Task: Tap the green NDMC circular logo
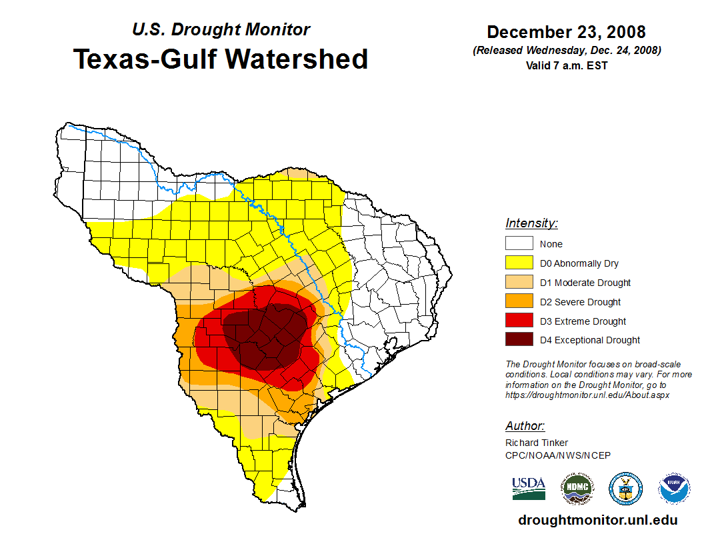pos(577,489)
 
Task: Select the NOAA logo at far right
pos(675,489)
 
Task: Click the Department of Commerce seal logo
pos(625,489)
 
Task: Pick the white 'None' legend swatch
pos(519,244)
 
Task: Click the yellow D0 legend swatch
pos(519,263)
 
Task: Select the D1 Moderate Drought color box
pos(519,283)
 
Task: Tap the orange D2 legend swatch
pos(519,302)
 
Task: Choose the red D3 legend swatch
pos(519,321)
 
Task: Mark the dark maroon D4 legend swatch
pos(519,340)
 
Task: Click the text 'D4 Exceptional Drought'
pos(590,340)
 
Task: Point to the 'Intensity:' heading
pos(531,223)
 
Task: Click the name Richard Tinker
pos(537,443)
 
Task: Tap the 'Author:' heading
pos(525,426)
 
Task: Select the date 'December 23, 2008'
pos(566,32)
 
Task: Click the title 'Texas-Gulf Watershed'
pos(220,59)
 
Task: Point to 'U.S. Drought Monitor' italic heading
pos(221,30)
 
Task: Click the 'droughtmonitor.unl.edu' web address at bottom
pos(597,521)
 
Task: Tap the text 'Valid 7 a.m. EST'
pos(566,65)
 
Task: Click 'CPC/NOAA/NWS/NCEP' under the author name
pos(558,455)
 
